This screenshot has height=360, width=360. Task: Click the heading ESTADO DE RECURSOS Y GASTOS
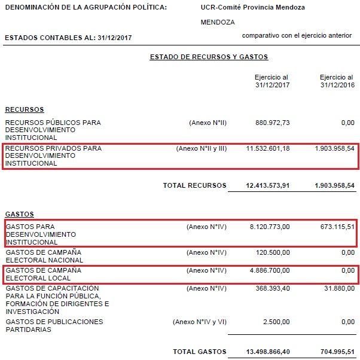coord(209,57)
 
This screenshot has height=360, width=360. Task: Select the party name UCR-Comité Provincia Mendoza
coord(253,8)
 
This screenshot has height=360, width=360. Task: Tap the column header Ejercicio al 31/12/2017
coord(271,81)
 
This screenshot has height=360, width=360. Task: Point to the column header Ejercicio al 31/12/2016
coord(337,81)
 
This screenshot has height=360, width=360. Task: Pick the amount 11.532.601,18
coord(268,148)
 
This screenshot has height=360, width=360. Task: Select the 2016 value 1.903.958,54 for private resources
coord(334,148)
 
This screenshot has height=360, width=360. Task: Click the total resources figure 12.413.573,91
coord(268,185)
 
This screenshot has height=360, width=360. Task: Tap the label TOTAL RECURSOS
coord(194,185)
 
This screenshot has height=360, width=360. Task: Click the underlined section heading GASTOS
coord(20,214)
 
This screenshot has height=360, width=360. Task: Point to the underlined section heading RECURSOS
coord(25,110)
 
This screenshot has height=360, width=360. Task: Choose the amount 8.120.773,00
coord(269,227)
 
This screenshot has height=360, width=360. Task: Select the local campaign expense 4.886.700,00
coord(269,271)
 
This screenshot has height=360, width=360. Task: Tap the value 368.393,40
coord(273,288)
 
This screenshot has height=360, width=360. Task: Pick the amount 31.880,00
coord(339,288)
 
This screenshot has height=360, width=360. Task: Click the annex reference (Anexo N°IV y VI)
coord(200,322)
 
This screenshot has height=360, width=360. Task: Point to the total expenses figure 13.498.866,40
coord(268,352)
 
